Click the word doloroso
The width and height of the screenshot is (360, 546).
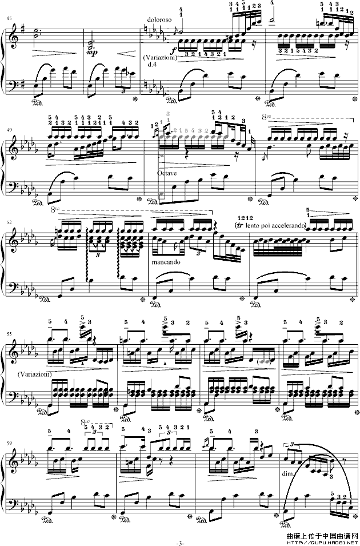point(155,18)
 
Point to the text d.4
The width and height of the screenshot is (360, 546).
point(152,65)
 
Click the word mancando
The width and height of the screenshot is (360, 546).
point(166,265)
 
